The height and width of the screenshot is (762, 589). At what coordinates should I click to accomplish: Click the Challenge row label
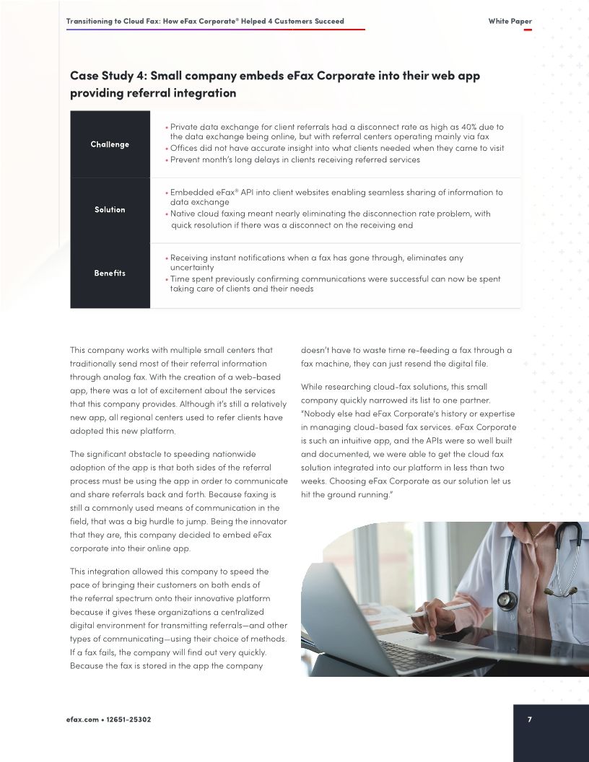110,144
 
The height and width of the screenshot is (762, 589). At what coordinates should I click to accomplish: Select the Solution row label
110,209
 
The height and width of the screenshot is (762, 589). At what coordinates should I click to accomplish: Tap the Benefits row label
110,273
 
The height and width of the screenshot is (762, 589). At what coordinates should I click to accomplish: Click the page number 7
530,719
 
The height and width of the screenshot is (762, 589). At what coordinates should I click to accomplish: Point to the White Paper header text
510,22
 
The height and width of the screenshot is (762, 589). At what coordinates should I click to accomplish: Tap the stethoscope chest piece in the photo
507,600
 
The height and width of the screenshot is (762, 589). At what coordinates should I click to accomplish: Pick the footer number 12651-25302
129,720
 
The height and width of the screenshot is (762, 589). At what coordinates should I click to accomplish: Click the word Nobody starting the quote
318,413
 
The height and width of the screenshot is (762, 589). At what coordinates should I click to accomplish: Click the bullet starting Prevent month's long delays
294,159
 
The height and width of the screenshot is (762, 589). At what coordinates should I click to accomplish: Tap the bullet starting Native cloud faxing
329,214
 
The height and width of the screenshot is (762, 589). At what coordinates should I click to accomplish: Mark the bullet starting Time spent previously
334,279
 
